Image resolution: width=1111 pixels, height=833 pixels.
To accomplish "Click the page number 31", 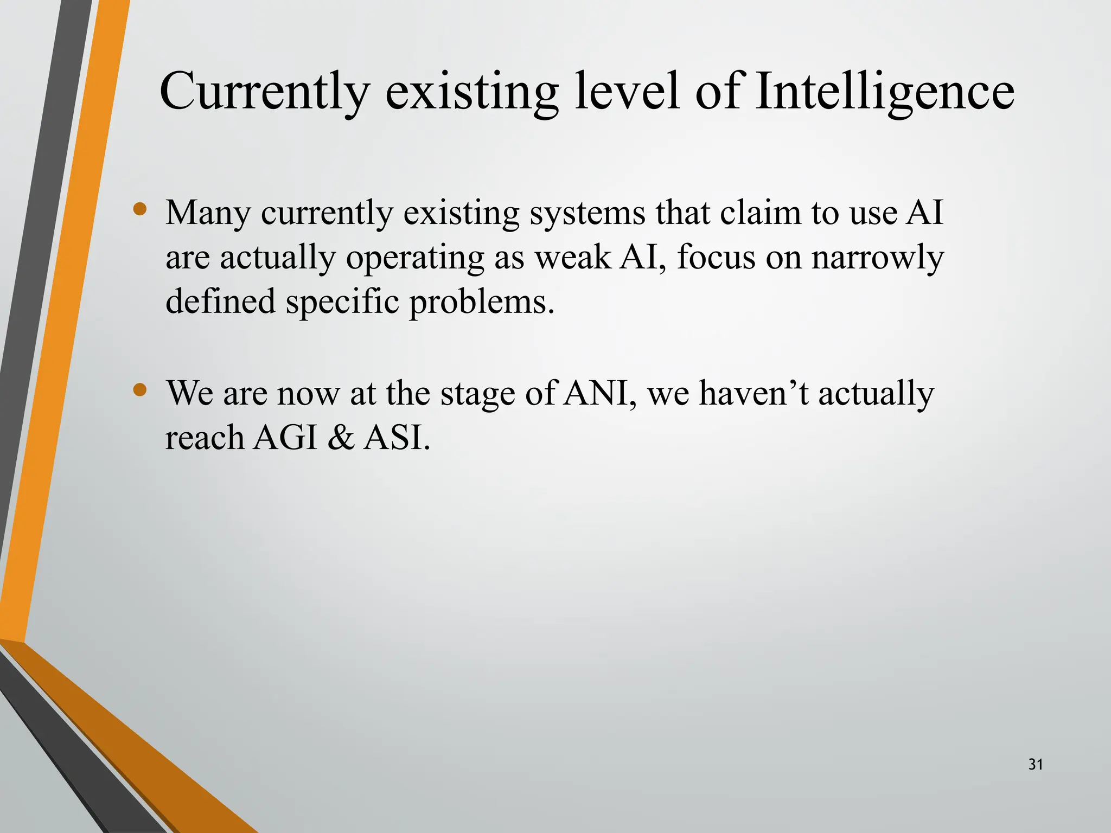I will point(1036,765).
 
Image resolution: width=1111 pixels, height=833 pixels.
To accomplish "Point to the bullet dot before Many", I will point(140,209).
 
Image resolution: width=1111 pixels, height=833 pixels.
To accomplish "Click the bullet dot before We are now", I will point(140,389).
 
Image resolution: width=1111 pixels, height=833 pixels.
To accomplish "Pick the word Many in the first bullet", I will point(208,214).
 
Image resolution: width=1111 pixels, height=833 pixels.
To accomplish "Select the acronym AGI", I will point(285,438).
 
